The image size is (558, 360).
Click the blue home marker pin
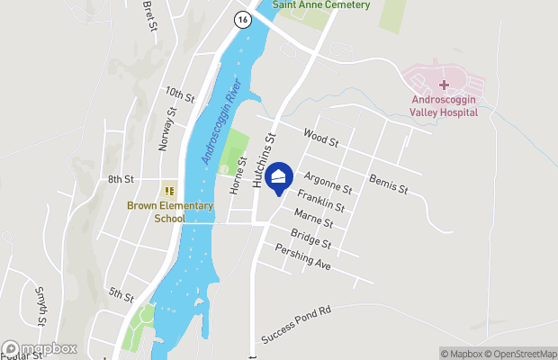(280, 178)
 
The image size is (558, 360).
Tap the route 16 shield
(240, 20)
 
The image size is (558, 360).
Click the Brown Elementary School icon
(168, 190)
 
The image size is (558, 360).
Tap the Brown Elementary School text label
(170, 211)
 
